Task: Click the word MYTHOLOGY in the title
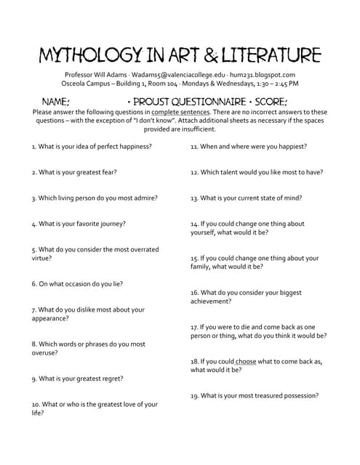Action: [x=89, y=55]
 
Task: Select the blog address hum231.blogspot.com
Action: [x=263, y=74]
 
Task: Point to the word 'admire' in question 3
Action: [x=145, y=198]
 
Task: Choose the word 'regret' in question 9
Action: [x=111, y=379]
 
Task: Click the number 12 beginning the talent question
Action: [x=194, y=172]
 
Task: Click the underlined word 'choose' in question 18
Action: [x=246, y=361]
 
